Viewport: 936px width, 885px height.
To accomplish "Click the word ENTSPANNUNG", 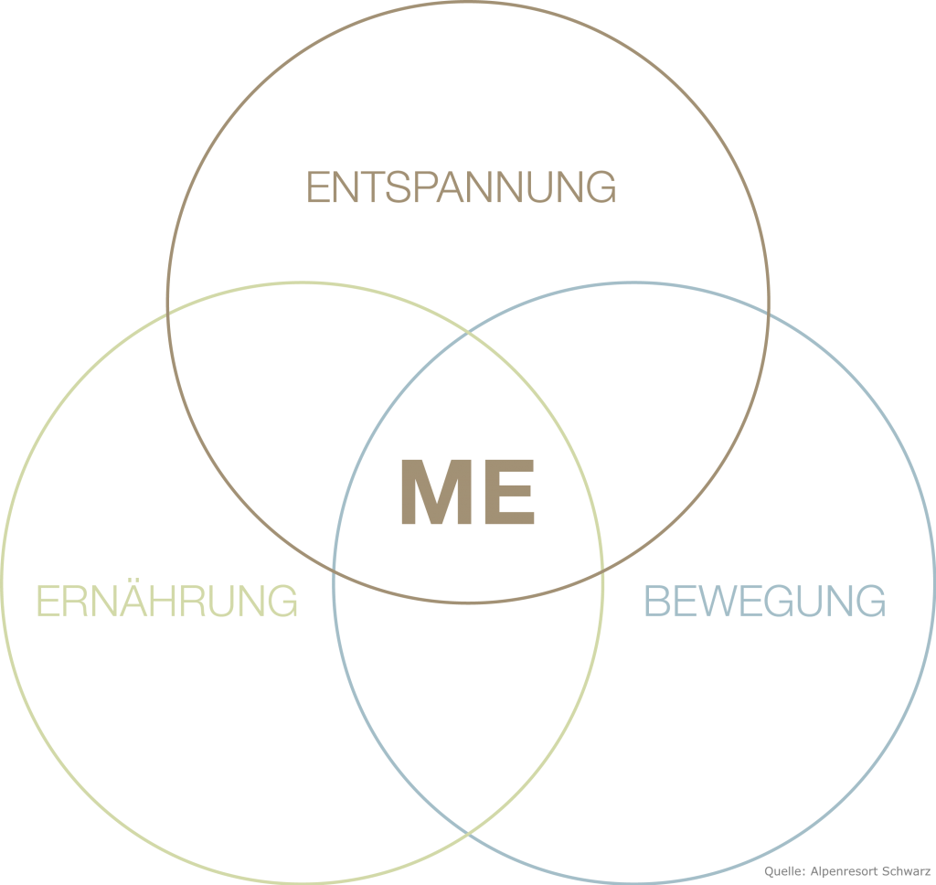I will tap(461, 187).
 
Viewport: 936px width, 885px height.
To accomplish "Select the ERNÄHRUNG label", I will tap(167, 602).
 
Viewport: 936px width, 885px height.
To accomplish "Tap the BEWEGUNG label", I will tap(765, 602).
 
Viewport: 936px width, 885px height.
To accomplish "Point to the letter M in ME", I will tap(435, 493).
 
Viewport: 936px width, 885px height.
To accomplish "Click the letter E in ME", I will tap(505, 493).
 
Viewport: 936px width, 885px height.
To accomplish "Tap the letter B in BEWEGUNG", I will tap(658, 602).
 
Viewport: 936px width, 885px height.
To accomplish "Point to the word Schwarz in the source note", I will tap(907, 873).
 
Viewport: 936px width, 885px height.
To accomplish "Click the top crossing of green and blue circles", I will tap(468, 330).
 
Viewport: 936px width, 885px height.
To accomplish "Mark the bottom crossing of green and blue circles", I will tap(468, 834).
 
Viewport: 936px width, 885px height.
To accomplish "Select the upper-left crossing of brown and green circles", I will tap(167, 315).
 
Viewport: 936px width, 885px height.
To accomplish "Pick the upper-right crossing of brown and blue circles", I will tap(769, 315).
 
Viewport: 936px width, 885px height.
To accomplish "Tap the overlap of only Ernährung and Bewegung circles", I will tap(468, 695).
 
